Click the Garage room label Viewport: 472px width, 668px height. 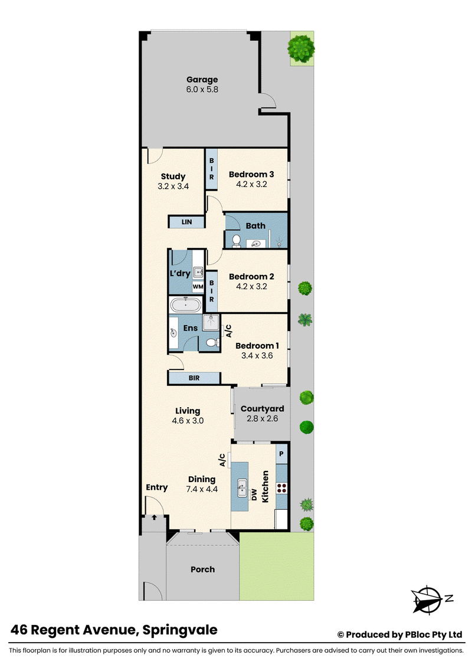[202, 80]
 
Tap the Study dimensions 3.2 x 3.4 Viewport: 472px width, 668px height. [173, 186]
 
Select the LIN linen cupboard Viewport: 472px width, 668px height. [186, 222]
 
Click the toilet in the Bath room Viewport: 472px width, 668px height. [237, 241]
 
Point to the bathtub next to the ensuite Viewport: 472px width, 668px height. [186, 305]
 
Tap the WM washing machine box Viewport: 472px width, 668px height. [198, 287]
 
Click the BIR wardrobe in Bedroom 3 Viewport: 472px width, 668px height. [211, 169]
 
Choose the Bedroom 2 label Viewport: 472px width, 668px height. [251, 277]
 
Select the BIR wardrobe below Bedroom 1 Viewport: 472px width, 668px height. [194, 378]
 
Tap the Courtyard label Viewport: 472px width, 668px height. [262, 408]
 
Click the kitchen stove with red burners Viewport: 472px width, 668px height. [281, 488]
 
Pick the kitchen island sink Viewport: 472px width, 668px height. [242, 488]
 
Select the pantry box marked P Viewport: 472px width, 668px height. [281, 454]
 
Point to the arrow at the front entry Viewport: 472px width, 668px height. [154, 518]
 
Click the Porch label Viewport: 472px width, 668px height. [203, 569]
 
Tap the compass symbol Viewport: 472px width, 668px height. [428, 600]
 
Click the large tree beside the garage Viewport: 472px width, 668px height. [301, 48]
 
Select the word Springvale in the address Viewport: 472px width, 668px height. [180, 630]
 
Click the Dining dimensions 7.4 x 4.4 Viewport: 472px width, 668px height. [202, 489]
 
